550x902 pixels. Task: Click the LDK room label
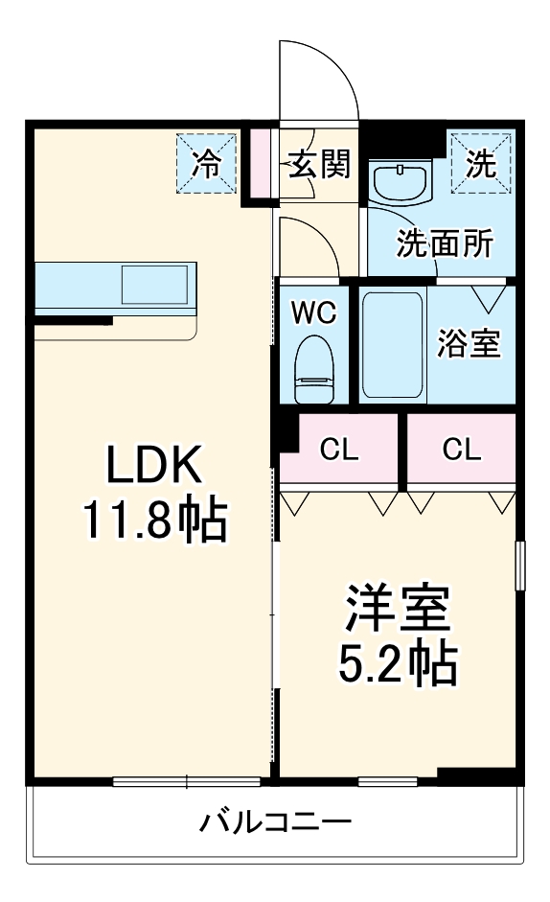click(x=154, y=464)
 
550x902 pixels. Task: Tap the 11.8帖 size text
click(x=156, y=520)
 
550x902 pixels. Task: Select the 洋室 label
click(x=397, y=608)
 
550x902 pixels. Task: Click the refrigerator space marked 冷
click(x=207, y=163)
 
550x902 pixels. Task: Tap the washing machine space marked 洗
click(x=481, y=163)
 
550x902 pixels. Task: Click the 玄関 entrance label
click(x=319, y=164)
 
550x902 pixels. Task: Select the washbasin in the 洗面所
click(x=401, y=182)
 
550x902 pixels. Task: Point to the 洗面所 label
click(x=445, y=243)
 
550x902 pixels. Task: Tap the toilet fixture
click(x=314, y=369)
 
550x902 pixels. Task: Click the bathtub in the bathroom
click(x=393, y=345)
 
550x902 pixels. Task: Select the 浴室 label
click(x=469, y=343)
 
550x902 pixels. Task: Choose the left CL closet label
click(x=339, y=450)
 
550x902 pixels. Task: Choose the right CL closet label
click(x=462, y=450)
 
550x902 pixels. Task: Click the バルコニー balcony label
click(x=275, y=822)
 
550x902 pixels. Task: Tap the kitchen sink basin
click(x=154, y=284)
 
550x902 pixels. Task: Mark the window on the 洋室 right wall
click(x=520, y=565)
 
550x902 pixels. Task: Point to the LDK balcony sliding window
click(x=187, y=781)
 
